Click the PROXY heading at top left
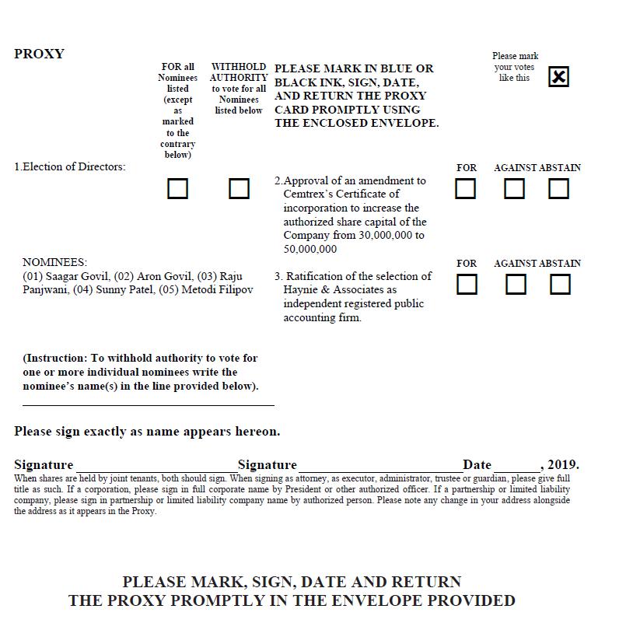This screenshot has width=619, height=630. (39, 54)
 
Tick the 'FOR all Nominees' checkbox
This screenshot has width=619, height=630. (178, 189)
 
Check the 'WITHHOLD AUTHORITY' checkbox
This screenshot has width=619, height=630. (239, 189)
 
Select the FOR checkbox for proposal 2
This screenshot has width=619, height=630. (465, 189)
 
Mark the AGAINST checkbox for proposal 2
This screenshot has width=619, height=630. (514, 189)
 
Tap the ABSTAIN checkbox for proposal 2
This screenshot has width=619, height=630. (558, 189)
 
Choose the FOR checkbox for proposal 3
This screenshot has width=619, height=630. (467, 285)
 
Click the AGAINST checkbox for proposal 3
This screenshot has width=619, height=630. (516, 285)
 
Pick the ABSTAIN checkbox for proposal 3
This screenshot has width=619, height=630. (560, 285)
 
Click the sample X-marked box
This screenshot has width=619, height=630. (558, 77)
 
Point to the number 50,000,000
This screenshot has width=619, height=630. (310, 249)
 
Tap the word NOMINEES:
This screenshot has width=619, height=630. (55, 263)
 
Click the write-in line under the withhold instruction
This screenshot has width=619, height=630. (148, 404)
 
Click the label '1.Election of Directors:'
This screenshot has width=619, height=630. (70, 167)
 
